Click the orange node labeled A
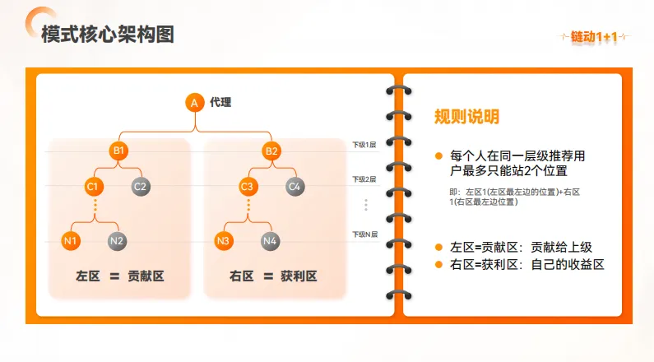(x=194, y=103)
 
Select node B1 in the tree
(x=118, y=151)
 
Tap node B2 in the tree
(x=271, y=151)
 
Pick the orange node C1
(x=94, y=186)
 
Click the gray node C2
(x=141, y=186)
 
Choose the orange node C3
(x=247, y=186)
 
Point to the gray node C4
(x=295, y=186)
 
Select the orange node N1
(x=71, y=241)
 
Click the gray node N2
(x=117, y=241)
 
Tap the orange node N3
(x=223, y=241)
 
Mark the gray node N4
(x=270, y=241)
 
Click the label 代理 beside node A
(x=220, y=103)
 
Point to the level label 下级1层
(x=364, y=144)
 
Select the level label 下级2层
(x=364, y=179)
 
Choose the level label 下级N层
(x=364, y=234)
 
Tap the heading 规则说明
(x=466, y=117)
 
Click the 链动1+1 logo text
(x=594, y=36)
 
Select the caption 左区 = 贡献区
(x=119, y=276)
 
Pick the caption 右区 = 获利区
(x=273, y=276)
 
